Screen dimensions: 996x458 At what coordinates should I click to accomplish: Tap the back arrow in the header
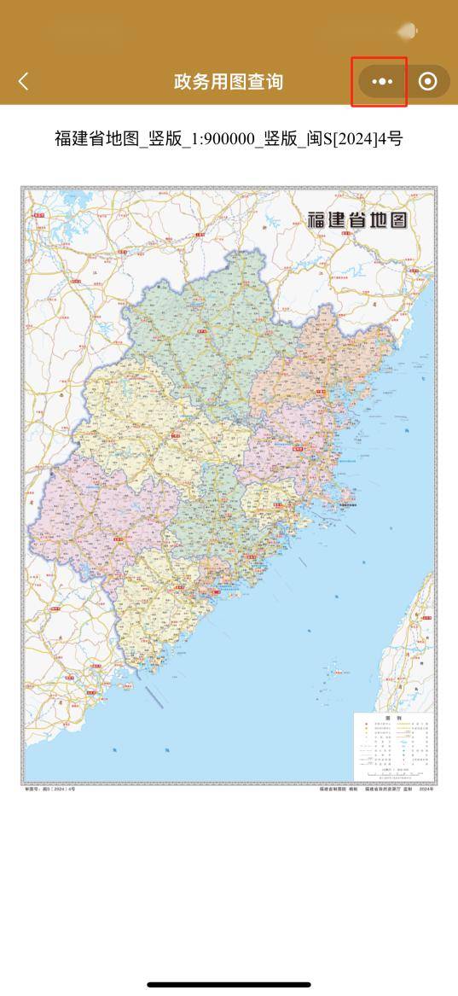(24, 81)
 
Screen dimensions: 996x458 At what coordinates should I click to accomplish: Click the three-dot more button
(383, 81)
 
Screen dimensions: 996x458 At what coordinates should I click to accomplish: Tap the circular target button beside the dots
(428, 81)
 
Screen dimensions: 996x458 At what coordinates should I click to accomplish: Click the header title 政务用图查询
(228, 81)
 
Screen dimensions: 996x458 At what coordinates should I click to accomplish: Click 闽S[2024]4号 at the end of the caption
(357, 138)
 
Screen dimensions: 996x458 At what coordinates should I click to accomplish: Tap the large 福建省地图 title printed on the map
(357, 218)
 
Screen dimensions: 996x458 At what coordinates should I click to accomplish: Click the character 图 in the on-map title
(397, 218)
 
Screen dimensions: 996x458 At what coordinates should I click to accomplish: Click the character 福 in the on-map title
(318, 218)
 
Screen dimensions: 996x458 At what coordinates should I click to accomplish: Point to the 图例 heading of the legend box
(392, 719)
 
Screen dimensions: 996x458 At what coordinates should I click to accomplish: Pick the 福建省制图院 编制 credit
(337, 789)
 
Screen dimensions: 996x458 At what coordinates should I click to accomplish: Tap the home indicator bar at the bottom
(229, 985)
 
